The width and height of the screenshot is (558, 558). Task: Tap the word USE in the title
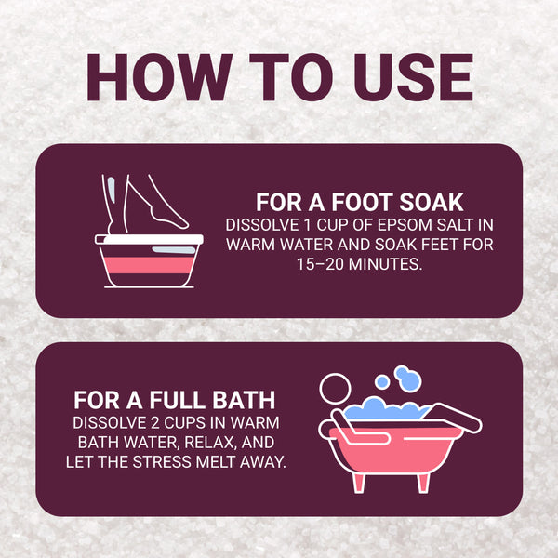point(413,77)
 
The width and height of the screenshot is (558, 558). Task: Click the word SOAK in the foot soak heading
point(431,203)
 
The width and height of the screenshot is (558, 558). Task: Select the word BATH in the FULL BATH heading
point(244,400)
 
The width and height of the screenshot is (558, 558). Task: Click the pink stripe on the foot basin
point(149,265)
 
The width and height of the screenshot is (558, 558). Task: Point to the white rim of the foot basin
point(149,239)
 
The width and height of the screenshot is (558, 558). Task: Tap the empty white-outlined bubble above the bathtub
point(335,389)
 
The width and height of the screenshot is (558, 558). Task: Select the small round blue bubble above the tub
point(382,382)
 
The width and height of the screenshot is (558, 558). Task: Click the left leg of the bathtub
point(358,483)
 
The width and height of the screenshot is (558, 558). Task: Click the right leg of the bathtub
point(423,483)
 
